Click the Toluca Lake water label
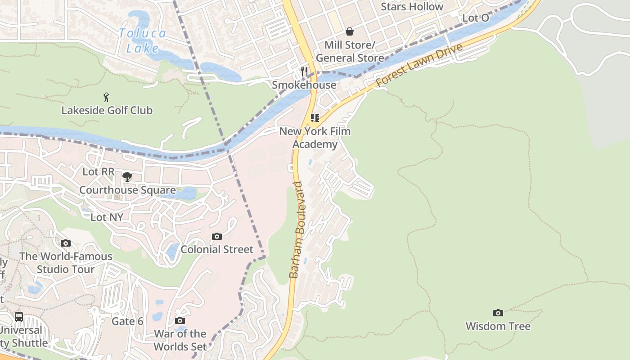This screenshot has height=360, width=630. point(143,40)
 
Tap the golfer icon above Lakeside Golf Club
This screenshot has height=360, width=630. point(106,97)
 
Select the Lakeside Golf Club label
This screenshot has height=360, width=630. point(107,110)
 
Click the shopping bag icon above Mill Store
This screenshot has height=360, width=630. point(350,31)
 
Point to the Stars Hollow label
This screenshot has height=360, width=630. point(412,7)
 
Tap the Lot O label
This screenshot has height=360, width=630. point(476,18)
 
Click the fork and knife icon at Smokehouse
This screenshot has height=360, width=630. point(304,72)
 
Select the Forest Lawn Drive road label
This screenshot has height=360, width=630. point(419,65)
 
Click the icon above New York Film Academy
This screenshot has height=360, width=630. point(315,118)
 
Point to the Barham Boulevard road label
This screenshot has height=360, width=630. point(297,229)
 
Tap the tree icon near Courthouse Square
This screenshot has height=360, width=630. point(127,176)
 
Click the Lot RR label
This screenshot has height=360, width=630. point(99,172)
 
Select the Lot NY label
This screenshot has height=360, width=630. point(107,217)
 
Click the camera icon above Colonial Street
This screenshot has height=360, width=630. point(217,236)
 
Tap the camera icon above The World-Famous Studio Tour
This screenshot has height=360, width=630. point(66,243)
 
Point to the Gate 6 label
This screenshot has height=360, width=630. point(127,321)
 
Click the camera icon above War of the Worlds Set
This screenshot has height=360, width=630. point(180,320)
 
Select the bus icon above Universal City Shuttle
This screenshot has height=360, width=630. point(18,316)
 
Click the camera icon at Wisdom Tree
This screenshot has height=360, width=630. point(498,313)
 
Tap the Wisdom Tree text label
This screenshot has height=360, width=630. point(498,326)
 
